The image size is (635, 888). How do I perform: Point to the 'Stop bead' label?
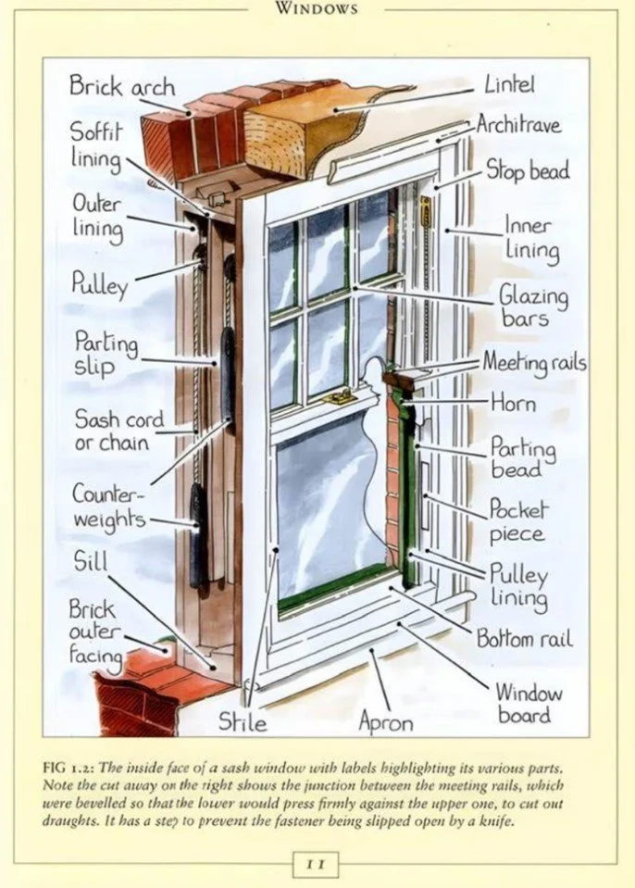coord(528,170)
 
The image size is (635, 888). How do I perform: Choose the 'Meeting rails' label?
coord(533,362)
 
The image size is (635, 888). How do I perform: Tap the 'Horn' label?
coord(513,403)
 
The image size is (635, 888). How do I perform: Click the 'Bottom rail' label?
coord(524,638)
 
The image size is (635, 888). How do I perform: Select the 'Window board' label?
coord(529,703)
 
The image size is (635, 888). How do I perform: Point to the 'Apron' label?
coord(387,721)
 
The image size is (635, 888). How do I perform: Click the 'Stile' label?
coord(243,721)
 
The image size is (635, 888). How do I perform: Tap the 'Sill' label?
coord(91,561)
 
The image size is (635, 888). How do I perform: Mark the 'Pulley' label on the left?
coord(98,281)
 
